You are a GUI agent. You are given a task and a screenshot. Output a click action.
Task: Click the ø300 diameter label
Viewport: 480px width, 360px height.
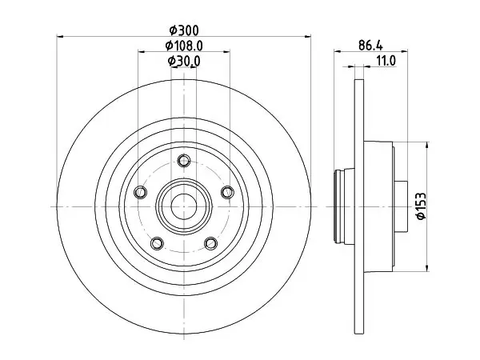pyautogui.click(x=184, y=30)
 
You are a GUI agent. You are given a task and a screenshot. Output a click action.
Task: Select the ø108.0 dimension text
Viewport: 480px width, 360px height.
pyautogui.click(x=184, y=46)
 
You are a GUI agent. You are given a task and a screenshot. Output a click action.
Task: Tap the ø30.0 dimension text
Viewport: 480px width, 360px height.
pyautogui.click(x=184, y=61)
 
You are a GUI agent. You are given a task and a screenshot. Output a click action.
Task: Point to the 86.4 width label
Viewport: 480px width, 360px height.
pyautogui.click(x=370, y=46)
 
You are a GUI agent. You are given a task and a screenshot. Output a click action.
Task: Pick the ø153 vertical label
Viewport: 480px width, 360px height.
pyautogui.click(x=421, y=206)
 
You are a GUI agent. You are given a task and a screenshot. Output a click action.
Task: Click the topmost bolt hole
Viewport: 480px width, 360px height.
pyautogui.click(x=184, y=161)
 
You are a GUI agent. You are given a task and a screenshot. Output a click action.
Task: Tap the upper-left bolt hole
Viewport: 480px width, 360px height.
pyautogui.click(x=141, y=192)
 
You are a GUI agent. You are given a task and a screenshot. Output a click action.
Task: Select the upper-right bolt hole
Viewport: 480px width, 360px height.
pyautogui.click(x=227, y=192)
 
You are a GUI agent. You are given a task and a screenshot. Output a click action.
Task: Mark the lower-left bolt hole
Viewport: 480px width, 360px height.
pyautogui.click(x=157, y=243)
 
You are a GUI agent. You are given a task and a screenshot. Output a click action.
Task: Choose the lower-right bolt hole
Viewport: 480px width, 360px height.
pyautogui.click(x=211, y=243)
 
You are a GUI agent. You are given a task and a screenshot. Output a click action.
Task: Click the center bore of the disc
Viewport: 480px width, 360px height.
pyautogui.click(x=184, y=207)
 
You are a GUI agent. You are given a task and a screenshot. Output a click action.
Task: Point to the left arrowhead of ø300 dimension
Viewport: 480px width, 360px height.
pyautogui.click(x=60, y=37)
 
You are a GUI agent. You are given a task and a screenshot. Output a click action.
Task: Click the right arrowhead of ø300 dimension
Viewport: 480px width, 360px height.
pyautogui.click(x=308, y=37)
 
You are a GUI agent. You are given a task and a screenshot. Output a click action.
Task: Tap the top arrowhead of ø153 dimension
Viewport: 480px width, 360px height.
pyautogui.click(x=427, y=145)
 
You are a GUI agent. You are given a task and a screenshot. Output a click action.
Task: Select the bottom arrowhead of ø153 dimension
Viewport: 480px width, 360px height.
pyautogui.click(x=427, y=268)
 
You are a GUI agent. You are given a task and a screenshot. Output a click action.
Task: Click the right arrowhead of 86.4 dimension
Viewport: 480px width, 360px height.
pyautogui.click(x=404, y=51)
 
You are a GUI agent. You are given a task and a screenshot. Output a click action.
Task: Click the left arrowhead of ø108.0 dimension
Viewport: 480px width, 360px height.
pyautogui.click(x=142, y=52)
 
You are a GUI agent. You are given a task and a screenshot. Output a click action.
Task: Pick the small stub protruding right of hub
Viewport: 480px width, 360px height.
pyautogui.click(x=401, y=206)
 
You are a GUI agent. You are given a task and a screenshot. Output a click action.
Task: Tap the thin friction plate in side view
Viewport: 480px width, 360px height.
pyautogui.click(x=359, y=206)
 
